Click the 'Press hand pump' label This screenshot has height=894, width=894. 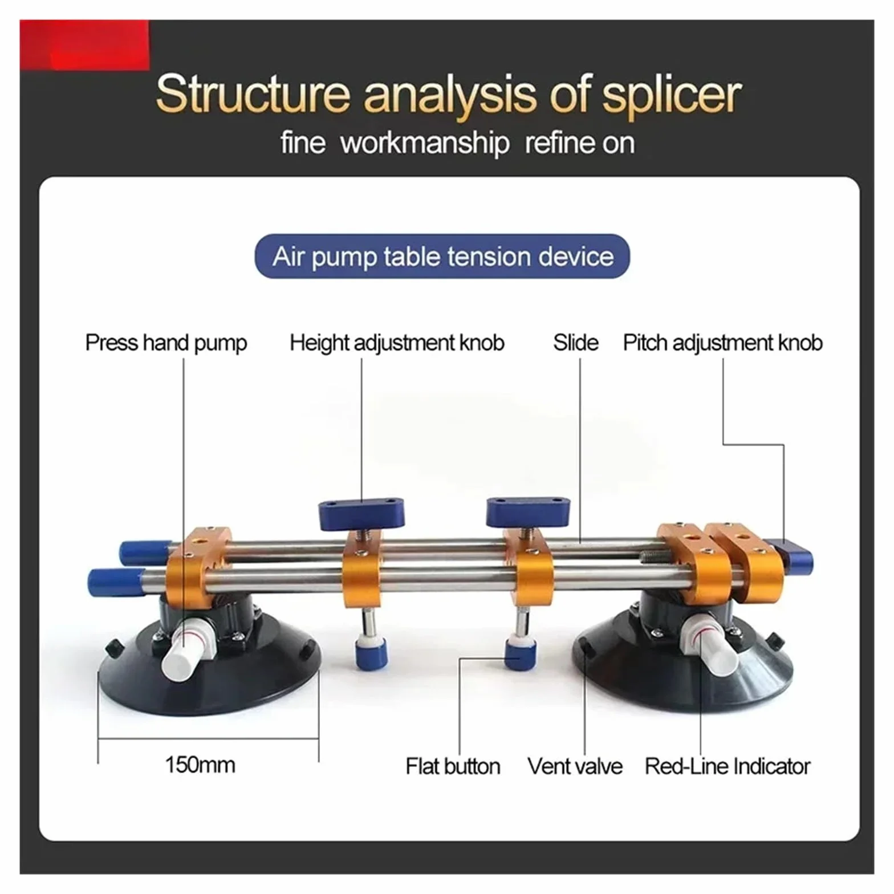pyautogui.click(x=166, y=343)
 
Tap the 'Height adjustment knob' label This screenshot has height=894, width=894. pyautogui.click(x=397, y=343)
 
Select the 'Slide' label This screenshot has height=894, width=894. pyautogui.click(x=575, y=343)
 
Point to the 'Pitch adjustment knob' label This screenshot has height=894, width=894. pyautogui.click(x=722, y=343)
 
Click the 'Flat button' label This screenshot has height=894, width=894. pyautogui.click(x=453, y=766)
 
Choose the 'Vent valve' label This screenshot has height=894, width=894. pyautogui.click(x=575, y=766)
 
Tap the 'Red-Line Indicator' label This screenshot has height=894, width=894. pyautogui.click(x=727, y=766)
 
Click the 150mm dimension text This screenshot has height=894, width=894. pyautogui.click(x=200, y=765)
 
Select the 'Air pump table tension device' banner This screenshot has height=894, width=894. pyautogui.click(x=442, y=256)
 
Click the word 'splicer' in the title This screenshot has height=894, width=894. pyautogui.click(x=672, y=95)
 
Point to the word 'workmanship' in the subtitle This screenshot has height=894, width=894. pyautogui.click(x=425, y=143)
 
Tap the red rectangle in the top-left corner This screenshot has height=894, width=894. pyautogui.click(x=84, y=45)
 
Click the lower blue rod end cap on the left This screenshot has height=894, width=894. pyautogui.click(x=114, y=582)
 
